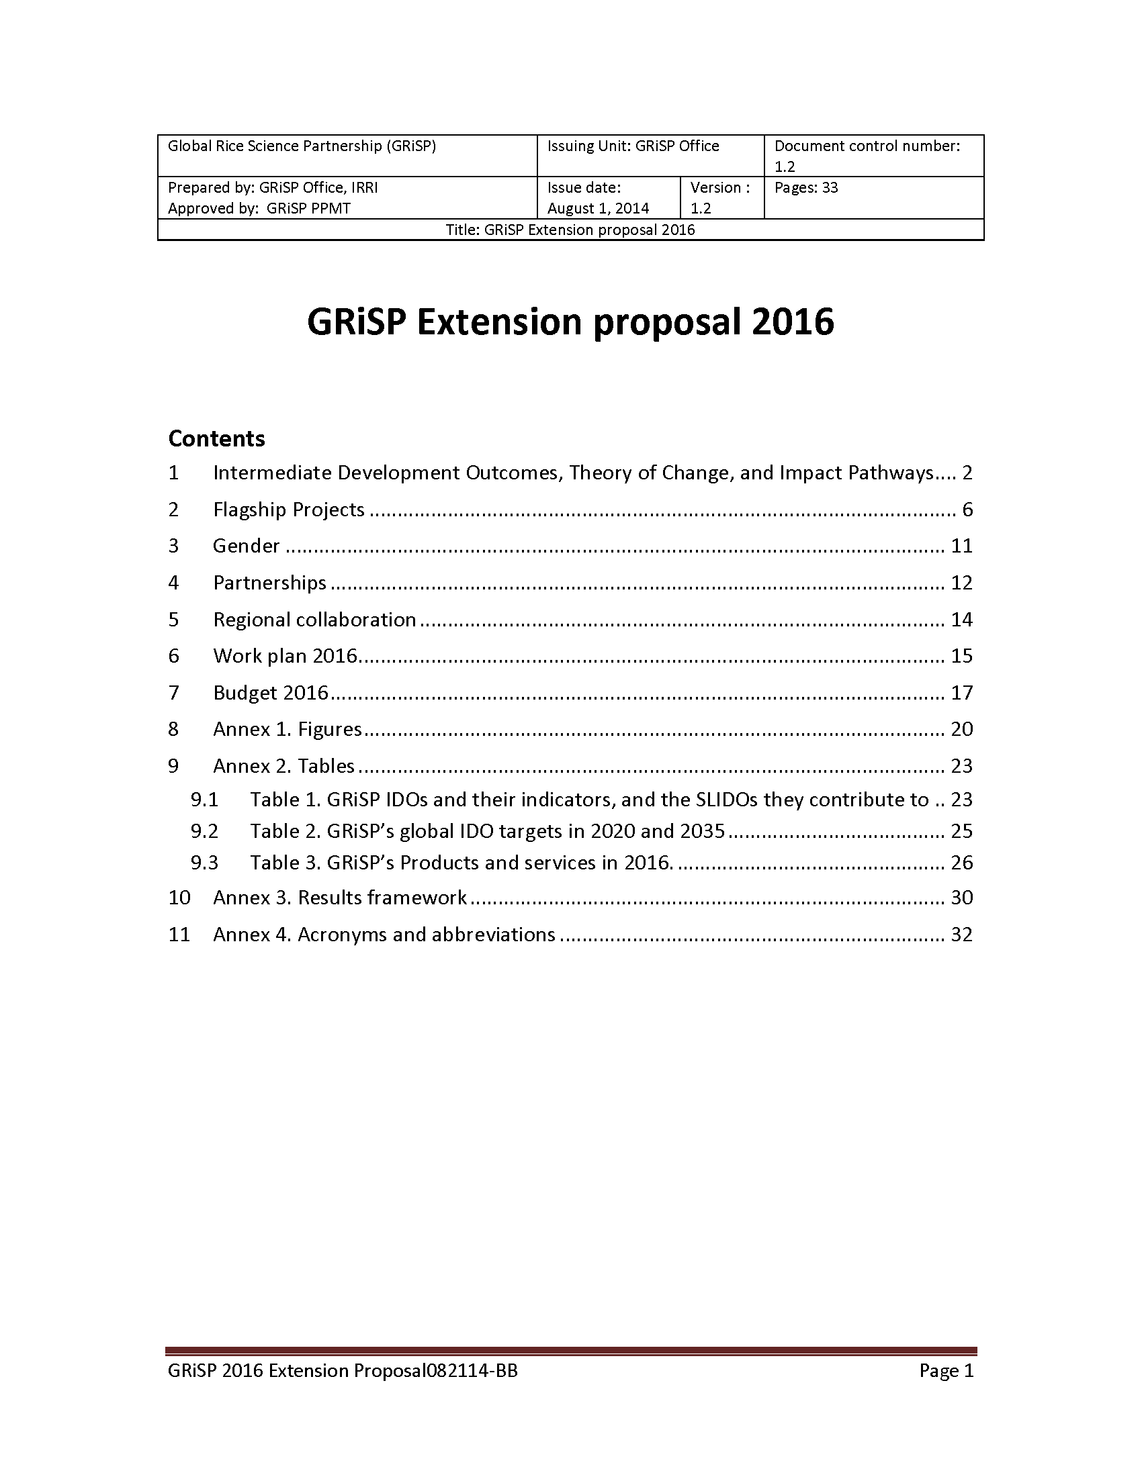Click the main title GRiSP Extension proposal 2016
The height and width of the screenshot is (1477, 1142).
click(x=570, y=322)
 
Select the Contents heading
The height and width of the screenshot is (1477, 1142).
click(x=216, y=439)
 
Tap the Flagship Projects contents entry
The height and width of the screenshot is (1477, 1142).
click(x=289, y=510)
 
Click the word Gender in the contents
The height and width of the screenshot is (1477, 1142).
click(x=246, y=546)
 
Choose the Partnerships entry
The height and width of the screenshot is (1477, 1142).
click(x=269, y=582)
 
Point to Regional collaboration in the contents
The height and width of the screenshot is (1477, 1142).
click(x=314, y=620)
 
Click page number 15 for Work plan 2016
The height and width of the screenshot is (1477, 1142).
click(x=961, y=656)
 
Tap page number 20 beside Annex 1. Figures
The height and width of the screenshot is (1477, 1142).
click(x=961, y=729)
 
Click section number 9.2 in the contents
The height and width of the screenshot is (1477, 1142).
click(x=204, y=830)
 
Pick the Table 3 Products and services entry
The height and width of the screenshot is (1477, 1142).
click(x=462, y=863)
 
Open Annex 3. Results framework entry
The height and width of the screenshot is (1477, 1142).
click(x=340, y=898)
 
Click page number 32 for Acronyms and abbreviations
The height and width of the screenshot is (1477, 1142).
click(x=961, y=935)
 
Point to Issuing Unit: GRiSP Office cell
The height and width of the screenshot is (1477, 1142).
click(x=633, y=146)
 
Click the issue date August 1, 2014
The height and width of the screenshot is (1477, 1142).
click(x=598, y=208)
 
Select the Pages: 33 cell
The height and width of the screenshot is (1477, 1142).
click(x=805, y=188)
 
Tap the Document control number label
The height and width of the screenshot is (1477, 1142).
click(x=867, y=146)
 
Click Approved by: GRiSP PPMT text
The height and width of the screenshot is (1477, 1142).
click(x=259, y=208)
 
